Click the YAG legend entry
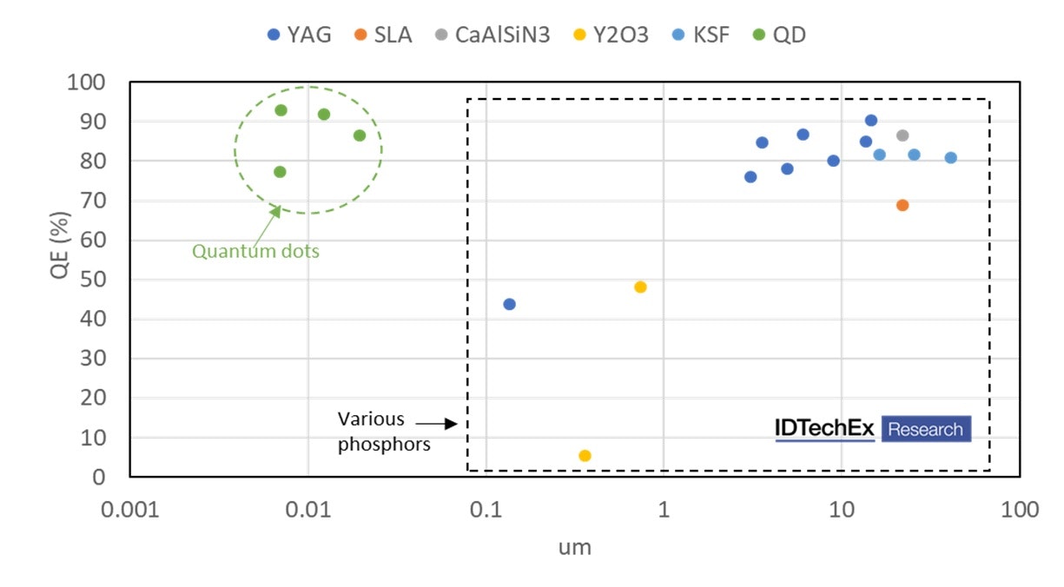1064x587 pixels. (x=300, y=36)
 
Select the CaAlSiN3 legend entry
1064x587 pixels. (x=492, y=36)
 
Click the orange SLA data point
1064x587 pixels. (x=902, y=205)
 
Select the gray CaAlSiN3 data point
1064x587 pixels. (x=902, y=135)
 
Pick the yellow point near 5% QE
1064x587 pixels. (x=585, y=456)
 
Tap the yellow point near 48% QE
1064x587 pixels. (x=640, y=287)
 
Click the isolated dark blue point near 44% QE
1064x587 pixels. (x=510, y=304)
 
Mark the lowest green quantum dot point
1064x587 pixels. (x=280, y=172)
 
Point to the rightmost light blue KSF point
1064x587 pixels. (x=951, y=158)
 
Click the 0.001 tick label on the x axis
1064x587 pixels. (x=130, y=510)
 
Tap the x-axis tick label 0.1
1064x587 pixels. (x=486, y=510)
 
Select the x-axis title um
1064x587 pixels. (x=575, y=547)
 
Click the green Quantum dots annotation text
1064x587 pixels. (x=255, y=252)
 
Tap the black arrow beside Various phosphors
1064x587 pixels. (x=436, y=424)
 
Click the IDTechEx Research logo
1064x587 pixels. (x=872, y=429)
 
